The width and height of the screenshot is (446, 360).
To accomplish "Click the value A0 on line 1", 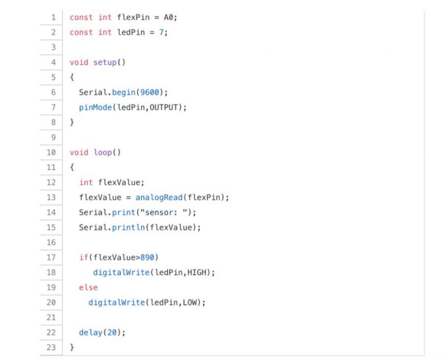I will point(169,17).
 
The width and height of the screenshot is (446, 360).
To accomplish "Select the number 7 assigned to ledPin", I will point(164,33).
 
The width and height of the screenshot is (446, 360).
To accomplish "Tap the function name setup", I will point(105,62).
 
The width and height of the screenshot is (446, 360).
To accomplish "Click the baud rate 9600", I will point(154,92).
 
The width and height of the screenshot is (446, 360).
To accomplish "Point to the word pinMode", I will point(95,107).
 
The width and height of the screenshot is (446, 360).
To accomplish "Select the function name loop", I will point(102,152).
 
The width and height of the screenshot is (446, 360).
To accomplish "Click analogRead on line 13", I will point(159,197).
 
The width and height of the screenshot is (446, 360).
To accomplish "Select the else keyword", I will point(88,287).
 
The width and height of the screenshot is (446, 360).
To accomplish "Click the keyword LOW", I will point(190,303).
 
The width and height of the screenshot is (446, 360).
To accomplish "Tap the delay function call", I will point(91,333).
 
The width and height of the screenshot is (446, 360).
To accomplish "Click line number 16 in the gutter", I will point(51,242).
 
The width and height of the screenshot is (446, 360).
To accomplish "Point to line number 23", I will point(51,347).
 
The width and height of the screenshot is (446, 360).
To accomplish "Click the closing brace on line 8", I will point(72,123).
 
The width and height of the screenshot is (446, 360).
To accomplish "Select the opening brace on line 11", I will point(72,167).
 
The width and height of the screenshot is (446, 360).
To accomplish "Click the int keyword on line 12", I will point(86,182).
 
